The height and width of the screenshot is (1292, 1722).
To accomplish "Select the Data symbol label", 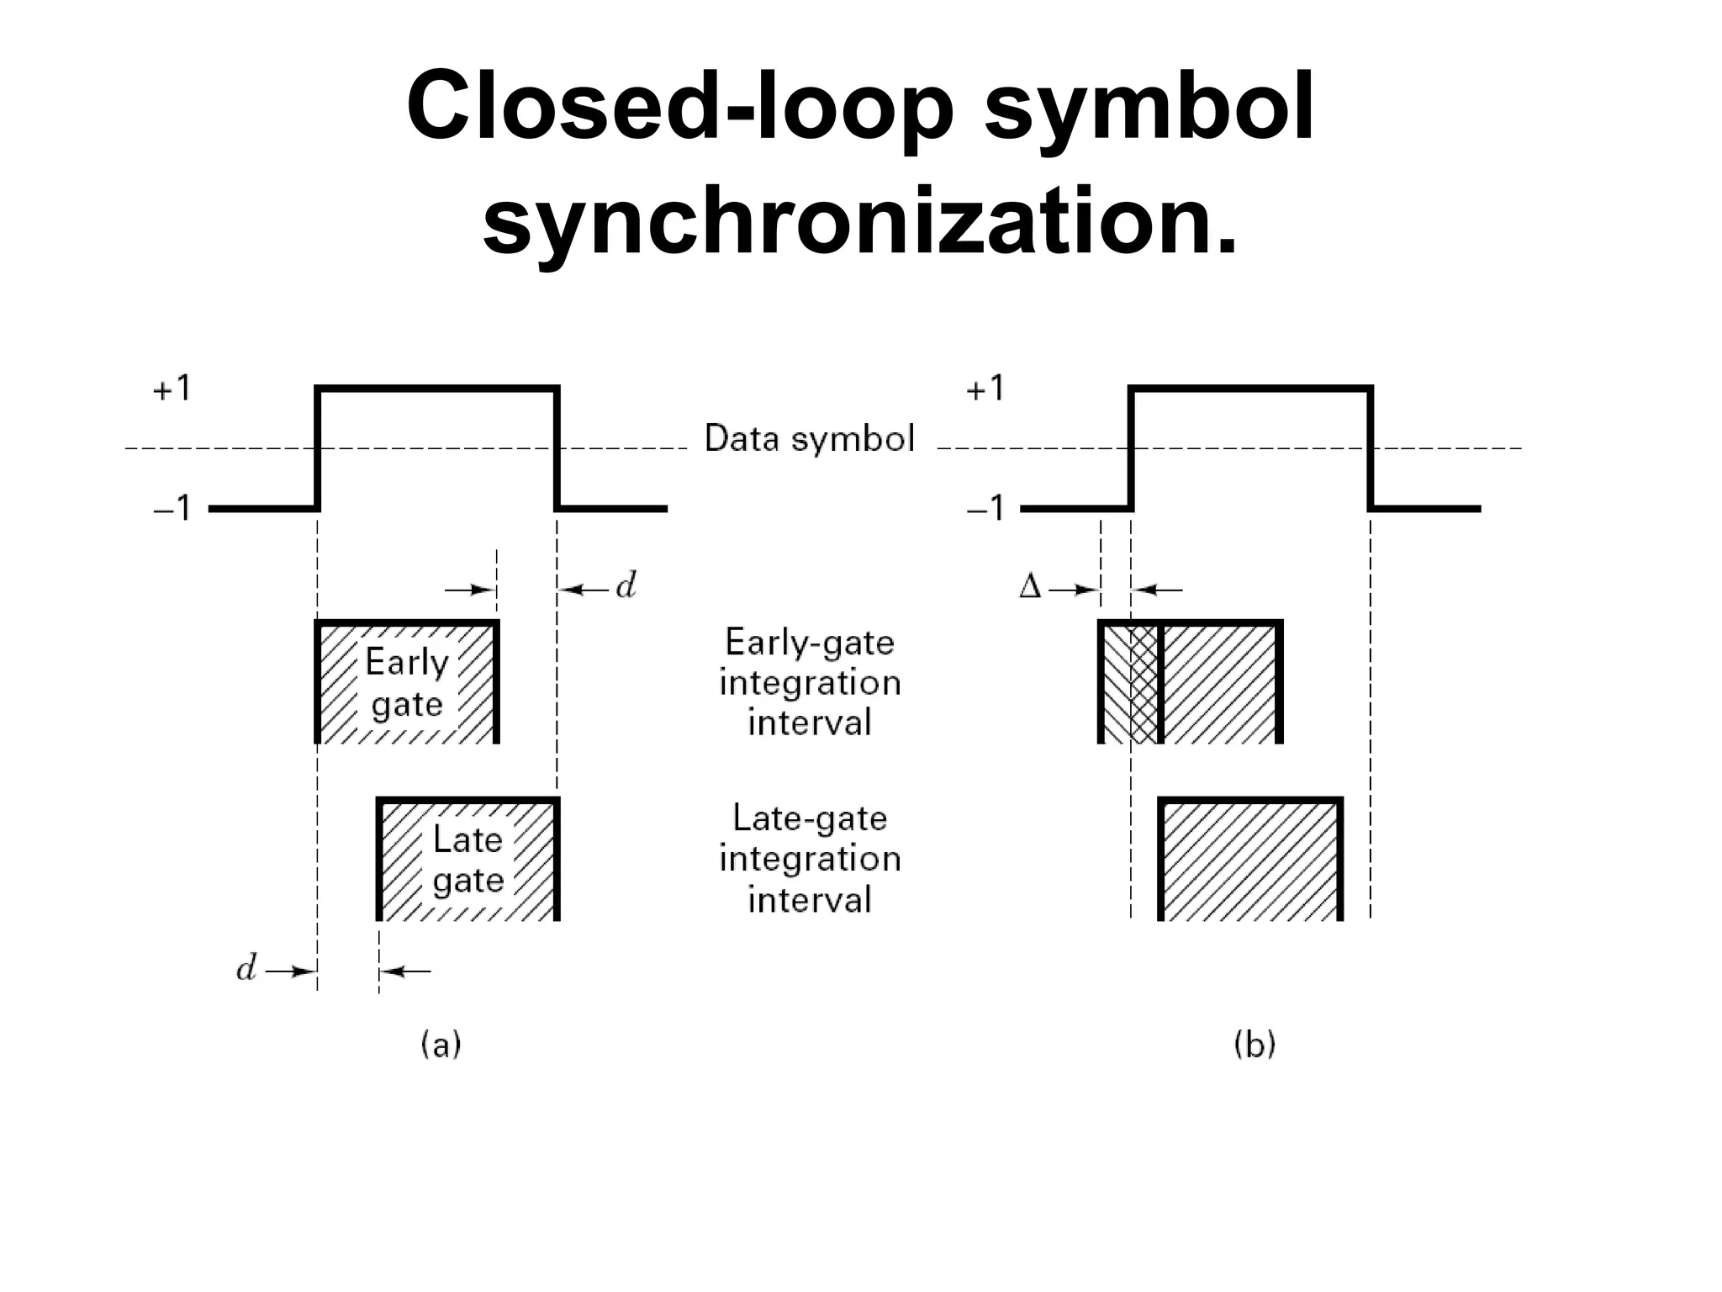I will (x=809, y=439).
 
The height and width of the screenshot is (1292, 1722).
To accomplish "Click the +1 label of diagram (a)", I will (x=172, y=389).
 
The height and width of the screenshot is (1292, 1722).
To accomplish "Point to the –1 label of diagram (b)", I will (x=985, y=508).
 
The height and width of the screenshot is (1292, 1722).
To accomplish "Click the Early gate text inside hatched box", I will (x=407, y=683).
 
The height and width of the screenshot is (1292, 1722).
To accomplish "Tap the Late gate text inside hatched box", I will (x=467, y=860).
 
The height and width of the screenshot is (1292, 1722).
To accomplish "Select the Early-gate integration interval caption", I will (x=810, y=682).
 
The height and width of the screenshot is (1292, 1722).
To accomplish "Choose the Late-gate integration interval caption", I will (x=810, y=859).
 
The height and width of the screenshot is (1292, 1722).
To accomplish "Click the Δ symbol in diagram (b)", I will (x=1029, y=586).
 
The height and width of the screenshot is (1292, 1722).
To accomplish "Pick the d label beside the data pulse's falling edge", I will (x=626, y=586).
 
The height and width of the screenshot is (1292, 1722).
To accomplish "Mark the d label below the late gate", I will (x=246, y=970).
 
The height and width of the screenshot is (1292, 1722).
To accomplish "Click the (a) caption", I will (x=441, y=1045).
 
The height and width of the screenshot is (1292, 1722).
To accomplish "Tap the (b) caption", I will (x=1254, y=1045).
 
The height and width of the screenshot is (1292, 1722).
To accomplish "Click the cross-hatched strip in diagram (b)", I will (x=1144, y=684).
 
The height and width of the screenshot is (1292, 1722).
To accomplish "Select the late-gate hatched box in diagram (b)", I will (x=1250, y=860).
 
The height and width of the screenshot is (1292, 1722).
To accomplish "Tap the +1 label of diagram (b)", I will (x=985, y=389).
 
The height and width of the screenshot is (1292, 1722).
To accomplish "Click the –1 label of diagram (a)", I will (x=172, y=508).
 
